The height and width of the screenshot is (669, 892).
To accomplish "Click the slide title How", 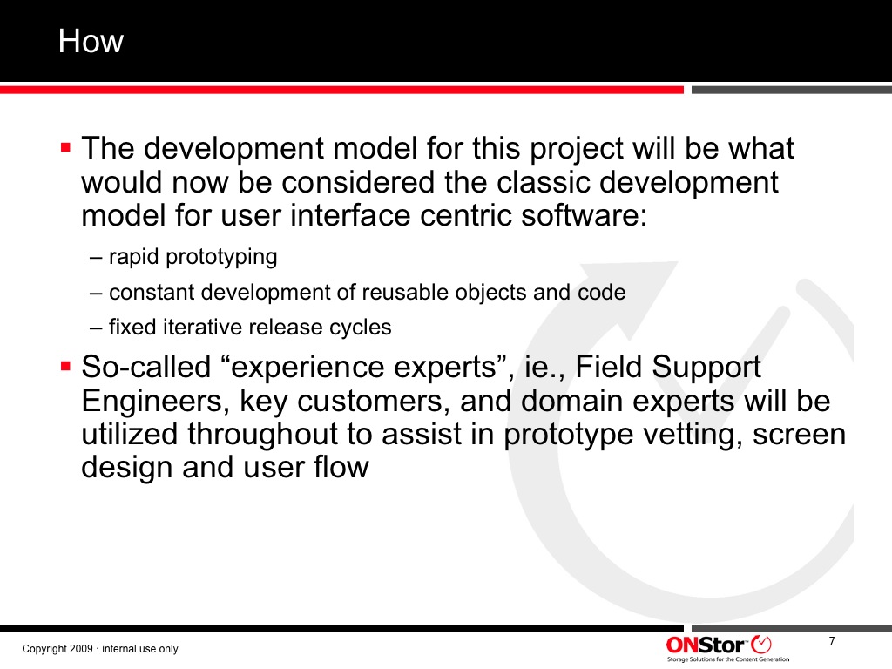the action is tap(91, 42).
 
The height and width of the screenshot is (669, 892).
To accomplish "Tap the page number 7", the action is tap(832, 641).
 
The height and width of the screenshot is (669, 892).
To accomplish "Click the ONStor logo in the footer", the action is tap(727, 648).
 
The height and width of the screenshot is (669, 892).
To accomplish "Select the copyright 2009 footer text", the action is tap(100, 649).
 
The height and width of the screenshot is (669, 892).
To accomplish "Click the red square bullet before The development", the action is tap(65, 148).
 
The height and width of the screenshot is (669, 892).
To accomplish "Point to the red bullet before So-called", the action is tap(65, 366).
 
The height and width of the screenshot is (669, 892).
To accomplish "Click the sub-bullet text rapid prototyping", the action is tap(193, 258).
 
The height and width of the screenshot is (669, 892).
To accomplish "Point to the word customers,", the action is tap(375, 401).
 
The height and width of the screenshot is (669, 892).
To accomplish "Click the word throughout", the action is tap(263, 435).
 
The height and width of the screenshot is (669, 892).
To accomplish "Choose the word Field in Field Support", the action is tap(609, 367).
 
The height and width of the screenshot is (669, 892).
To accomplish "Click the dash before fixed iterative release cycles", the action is tap(95, 328).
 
